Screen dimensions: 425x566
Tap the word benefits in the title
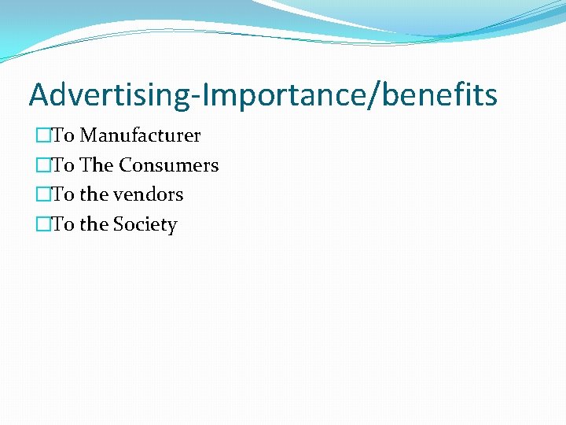coord(444,95)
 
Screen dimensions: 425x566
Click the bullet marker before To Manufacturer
coord(43,135)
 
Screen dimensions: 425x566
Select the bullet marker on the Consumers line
coord(43,165)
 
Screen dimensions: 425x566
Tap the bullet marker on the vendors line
coord(43,194)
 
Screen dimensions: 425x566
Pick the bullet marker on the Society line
coord(43,224)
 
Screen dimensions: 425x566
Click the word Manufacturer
coord(140,135)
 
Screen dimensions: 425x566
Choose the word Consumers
coord(168,165)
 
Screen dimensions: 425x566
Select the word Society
coord(145,224)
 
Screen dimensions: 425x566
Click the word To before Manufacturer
coord(63,135)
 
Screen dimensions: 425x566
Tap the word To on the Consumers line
coord(63,165)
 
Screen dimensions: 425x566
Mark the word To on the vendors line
coord(63,194)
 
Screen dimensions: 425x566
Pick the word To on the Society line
coord(63,224)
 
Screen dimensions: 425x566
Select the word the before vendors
coord(94,194)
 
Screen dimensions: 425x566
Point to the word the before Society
coord(94,224)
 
